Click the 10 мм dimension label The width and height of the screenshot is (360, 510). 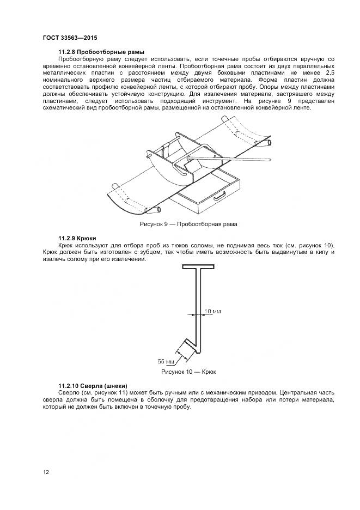212,311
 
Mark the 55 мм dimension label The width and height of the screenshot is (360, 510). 166,361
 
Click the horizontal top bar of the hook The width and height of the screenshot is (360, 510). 204,268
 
